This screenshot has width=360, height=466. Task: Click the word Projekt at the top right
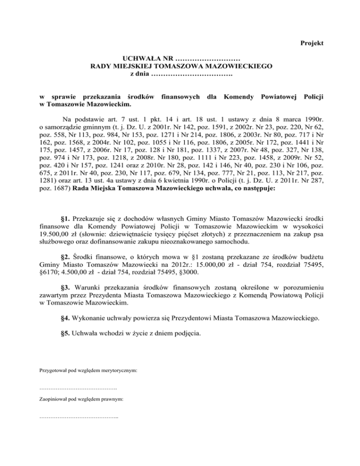coord(312,43)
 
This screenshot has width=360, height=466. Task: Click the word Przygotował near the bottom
coord(54,371)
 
